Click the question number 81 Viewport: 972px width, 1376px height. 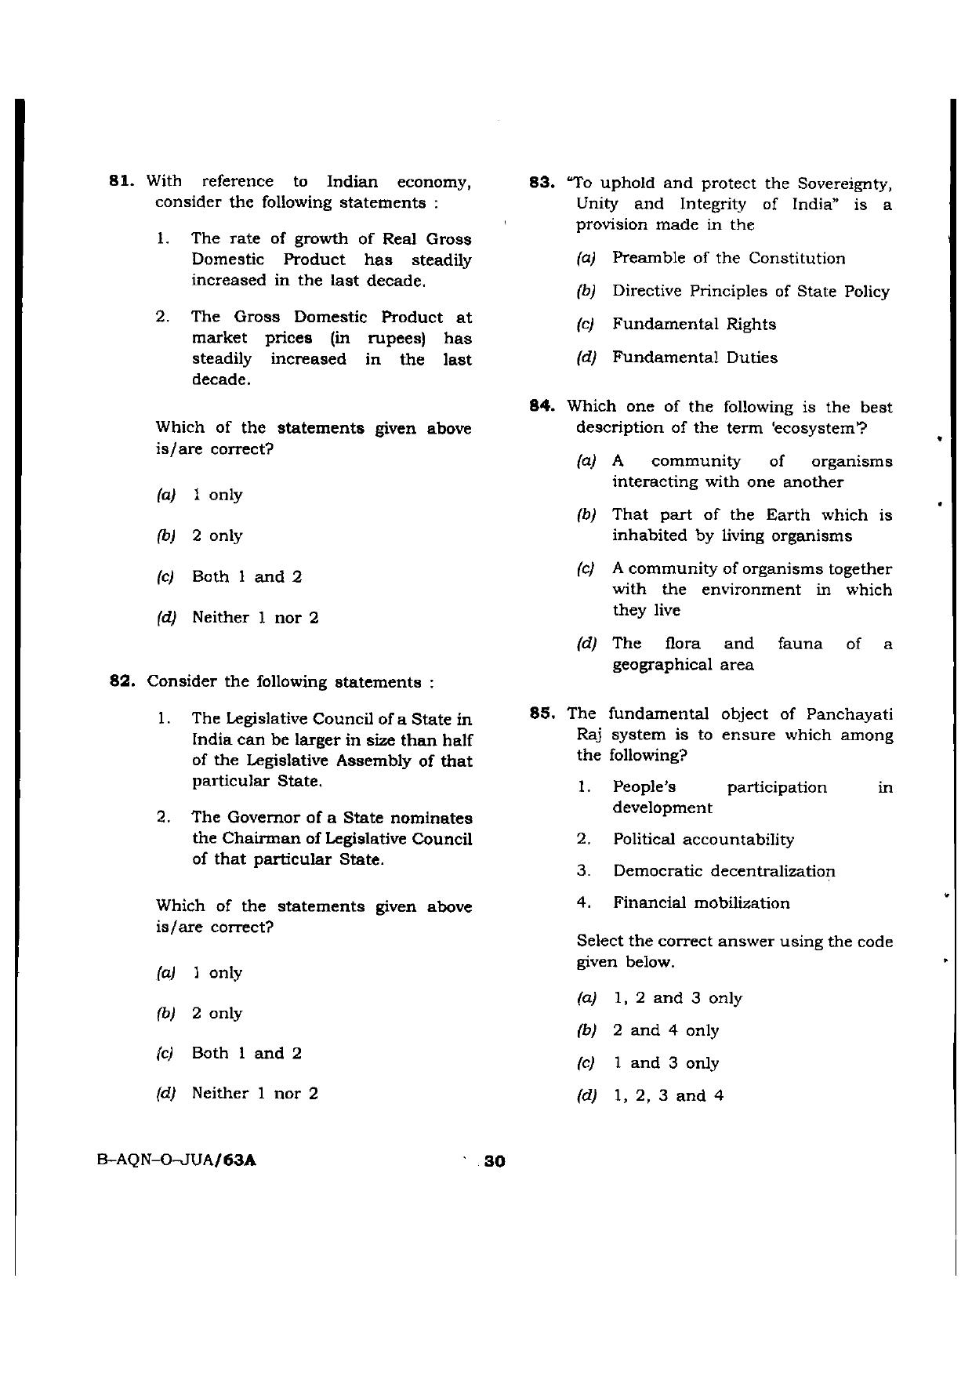[x=122, y=182]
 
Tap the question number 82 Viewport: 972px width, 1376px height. [x=122, y=681]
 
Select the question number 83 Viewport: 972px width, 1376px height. [x=544, y=183]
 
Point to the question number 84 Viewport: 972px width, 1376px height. [x=544, y=406]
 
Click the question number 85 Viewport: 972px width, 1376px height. [x=544, y=713]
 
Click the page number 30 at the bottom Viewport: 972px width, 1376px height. [x=495, y=1161]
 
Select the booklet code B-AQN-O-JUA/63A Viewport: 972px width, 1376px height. [x=177, y=1161]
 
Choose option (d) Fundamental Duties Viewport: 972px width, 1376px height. [x=695, y=358]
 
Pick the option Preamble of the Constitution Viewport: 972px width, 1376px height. [x=728, y=258]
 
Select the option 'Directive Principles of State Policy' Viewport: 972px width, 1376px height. [x=750, y=292]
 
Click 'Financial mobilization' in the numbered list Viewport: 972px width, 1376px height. [x=701, y=903]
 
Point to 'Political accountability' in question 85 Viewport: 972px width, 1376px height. [x=703, y=840]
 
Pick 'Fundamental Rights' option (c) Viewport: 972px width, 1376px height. [x=694, y=325]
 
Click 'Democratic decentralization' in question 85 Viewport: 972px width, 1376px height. [x=724, y=871]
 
